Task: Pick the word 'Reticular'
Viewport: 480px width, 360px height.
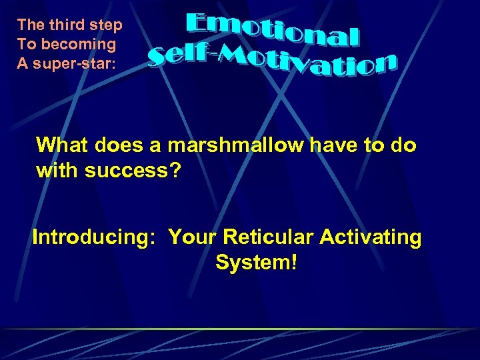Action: tap(271, 237)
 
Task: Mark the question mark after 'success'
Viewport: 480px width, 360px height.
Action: tap(175, 170)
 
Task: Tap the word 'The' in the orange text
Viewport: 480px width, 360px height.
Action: tap(31, 25)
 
